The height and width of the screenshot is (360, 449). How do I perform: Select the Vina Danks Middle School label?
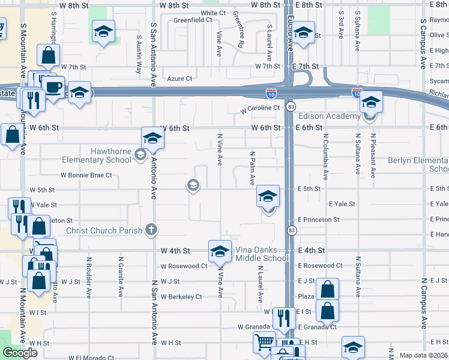click(261, 254)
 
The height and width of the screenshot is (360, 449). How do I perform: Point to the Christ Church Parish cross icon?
click(151, 229)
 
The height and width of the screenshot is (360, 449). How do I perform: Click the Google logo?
click(20, 353)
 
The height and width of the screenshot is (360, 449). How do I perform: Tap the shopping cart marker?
click(264, 343)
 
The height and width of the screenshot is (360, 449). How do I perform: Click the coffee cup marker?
click(53, 86)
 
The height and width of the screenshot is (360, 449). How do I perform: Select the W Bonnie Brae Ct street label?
click(86, 175)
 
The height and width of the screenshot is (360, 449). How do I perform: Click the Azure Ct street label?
click(179, 79)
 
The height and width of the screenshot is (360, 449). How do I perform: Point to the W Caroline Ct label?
click(261, 108)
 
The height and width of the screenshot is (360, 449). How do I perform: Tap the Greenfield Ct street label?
click(193, 20)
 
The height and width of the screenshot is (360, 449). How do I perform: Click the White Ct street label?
click(213, 13)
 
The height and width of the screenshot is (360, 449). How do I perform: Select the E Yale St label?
click(342, 205)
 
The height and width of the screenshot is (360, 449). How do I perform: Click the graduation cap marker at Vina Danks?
click(220, 251)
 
